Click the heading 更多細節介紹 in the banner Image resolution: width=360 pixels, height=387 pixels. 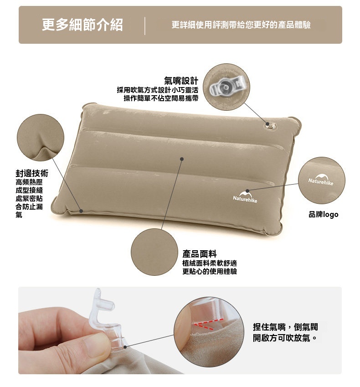click(82, 25)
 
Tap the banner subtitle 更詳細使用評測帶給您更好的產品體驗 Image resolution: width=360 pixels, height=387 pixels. click(241, 25)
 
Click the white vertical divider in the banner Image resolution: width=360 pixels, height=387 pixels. click(145, 26)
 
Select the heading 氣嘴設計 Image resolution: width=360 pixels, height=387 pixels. click(181, 81)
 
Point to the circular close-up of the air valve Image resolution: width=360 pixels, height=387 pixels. click(226, 87)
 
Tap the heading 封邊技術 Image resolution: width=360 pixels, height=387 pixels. click(32, 173)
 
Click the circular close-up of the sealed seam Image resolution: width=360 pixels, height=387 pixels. click(41, 138)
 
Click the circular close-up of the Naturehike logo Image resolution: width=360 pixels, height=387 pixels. click(322, 181)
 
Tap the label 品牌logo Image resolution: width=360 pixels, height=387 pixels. click(323, 214)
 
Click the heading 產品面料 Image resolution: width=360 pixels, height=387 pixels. click(200, 253)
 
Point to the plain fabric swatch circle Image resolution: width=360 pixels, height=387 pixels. click(154, 252)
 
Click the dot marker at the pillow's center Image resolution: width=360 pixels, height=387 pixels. click(182, 159)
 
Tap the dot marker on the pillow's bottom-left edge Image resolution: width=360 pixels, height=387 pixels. click(81, 211)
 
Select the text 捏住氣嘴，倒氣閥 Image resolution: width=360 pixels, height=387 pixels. click(285, 327)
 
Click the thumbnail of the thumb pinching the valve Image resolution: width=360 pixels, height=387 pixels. click(208, 332)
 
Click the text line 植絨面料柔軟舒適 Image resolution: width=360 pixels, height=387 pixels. click(210, 263)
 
